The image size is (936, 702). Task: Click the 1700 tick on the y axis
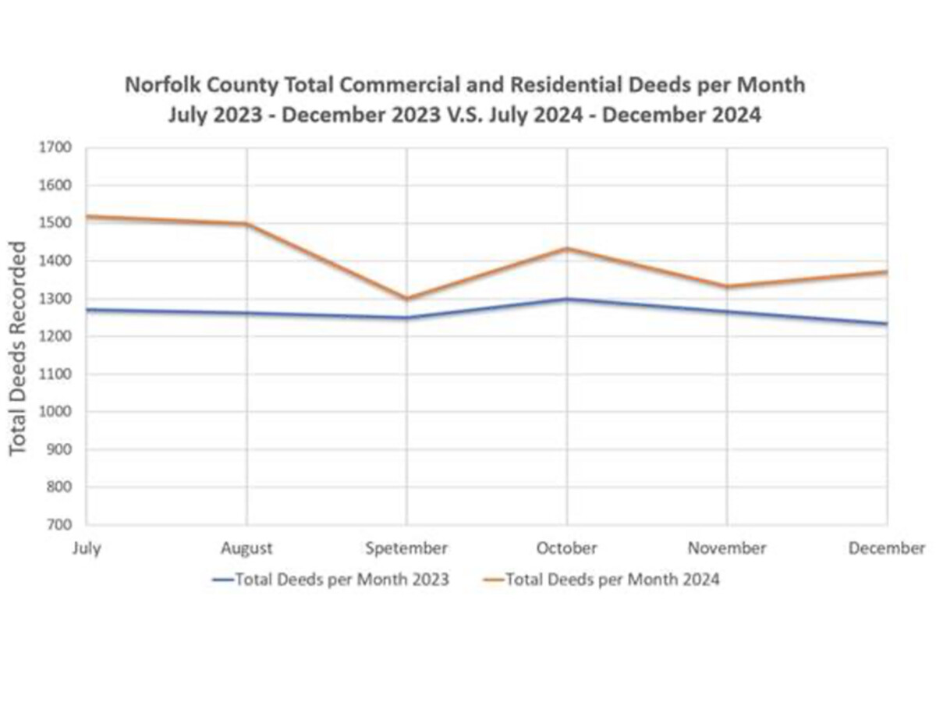pos(59,147)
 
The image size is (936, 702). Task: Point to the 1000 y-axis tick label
pos(59,412)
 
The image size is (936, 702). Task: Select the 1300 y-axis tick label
pos(59,299)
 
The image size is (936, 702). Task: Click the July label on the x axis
pos(87,548)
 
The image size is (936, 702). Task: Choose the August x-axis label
pos(246,548)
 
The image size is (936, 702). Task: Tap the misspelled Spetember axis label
pos(406,548)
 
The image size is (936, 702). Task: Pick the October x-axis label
pos(566,548)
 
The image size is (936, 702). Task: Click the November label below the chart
pos(726,548)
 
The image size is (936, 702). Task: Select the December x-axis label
pos(886,548)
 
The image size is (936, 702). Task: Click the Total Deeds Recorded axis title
pos(19,347)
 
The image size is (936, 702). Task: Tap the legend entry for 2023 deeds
pos(331,580)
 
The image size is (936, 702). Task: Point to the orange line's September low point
pos(406,298)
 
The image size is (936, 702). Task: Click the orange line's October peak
pos(567,249)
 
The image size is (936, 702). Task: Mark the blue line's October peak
pos(567,299)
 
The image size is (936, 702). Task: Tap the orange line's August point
pos(246,224)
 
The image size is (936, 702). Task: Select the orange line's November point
pos(727,286)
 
